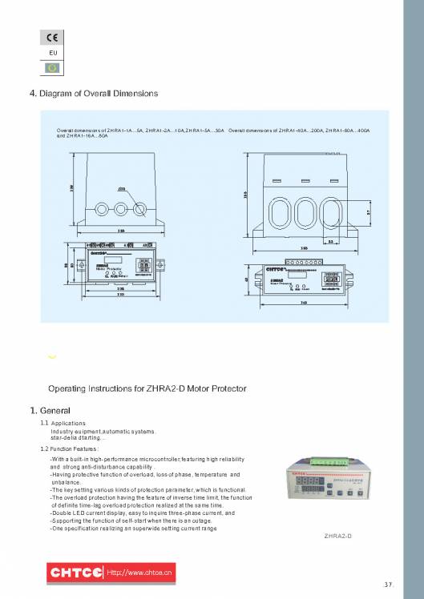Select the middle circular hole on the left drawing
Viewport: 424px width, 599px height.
(121, 208)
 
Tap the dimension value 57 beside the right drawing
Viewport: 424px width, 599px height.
(368, 212)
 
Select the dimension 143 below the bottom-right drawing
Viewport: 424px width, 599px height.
(305, 303)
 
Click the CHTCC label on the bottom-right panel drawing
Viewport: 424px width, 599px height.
(275, 270)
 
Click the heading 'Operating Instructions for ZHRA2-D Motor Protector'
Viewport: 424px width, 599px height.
(147, 388)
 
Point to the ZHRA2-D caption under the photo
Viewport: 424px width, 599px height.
(337, 535)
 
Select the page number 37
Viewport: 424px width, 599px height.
(389, 584)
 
